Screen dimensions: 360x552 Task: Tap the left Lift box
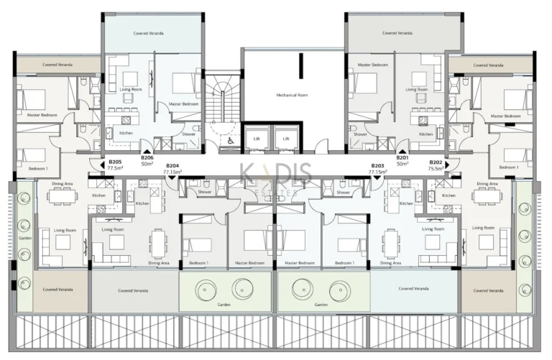pos(257,137)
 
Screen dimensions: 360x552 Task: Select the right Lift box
pos(286,137)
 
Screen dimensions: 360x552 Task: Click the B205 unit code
pos(114,162)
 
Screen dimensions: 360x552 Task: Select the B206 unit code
pos(147,157)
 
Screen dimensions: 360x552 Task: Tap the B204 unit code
pos(172,166)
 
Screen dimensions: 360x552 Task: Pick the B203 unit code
pos(377,166)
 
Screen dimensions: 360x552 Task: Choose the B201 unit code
pos(402,157)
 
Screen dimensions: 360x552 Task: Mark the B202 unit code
pos(436,162)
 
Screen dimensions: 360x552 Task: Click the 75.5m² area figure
pos(436,169)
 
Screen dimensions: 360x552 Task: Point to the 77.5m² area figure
pos(114,169)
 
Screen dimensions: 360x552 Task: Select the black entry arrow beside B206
pos(147,150)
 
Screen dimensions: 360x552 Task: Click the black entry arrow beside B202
pos(447,164)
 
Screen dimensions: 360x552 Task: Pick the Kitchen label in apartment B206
pos(126,133)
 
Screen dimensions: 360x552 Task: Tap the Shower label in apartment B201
pos(361,134)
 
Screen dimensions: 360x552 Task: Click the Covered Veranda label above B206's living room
pos(152,33)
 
